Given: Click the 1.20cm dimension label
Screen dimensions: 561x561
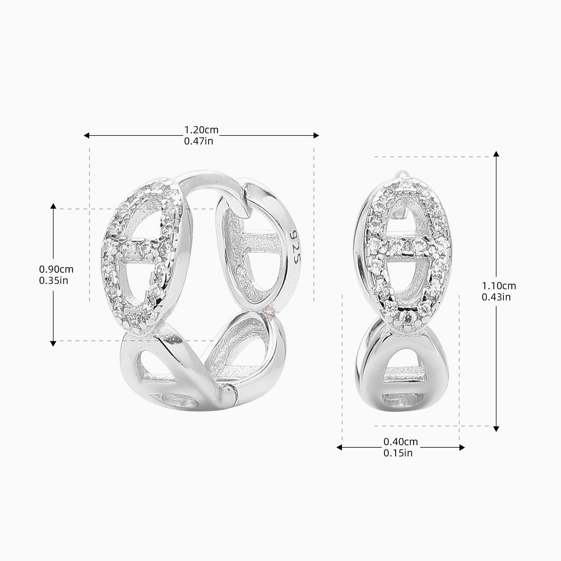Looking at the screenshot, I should [x=201, y=130].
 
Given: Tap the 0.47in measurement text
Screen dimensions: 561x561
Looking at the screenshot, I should [x=199, y=141].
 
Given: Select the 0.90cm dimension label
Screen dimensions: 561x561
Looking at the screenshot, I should [x=56, y=269].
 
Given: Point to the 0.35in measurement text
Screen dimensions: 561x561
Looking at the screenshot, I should [x=53, y=280].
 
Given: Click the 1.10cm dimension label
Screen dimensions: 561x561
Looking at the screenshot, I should [x=499, y=286].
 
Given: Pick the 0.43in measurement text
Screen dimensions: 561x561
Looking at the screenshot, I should [x=496, y=297].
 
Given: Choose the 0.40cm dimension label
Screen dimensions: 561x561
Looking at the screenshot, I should [x=401, y=442].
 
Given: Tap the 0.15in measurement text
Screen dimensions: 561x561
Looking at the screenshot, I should [x=398, y=453].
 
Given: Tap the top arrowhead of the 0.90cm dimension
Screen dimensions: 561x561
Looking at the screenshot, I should [x=53, y=206].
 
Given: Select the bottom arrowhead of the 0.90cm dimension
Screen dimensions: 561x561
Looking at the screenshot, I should [x=53, y=343].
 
